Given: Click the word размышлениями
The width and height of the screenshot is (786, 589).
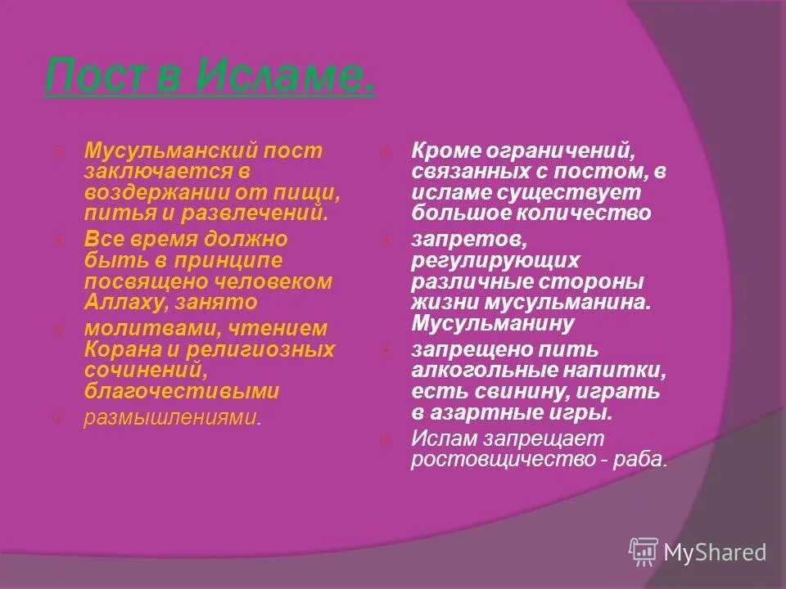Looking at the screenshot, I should pyautogui.click(x=170, y=418).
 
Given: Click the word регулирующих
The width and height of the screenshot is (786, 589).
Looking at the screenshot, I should pyautogui.click(x=495, y=260).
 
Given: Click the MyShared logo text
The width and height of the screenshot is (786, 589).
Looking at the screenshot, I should pyautogui.click(x=714, y=552).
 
